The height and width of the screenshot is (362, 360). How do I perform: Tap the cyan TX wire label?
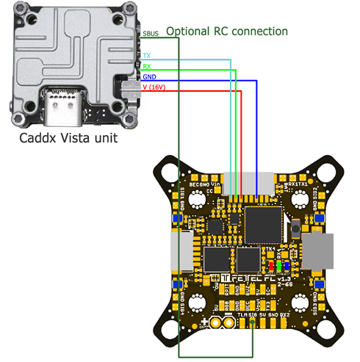pyautogui.click(x=147, y=56)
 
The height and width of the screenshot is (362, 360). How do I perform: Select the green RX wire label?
pyautogui.click(x=147, y=66)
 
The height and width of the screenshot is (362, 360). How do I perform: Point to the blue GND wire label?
pyautogui.click(x=148, y=76)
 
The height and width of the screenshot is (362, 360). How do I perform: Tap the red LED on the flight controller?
pyautogui.click(x=270, y=266)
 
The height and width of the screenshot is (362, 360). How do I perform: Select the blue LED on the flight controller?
pyautogui.click(x=286, y=266)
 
